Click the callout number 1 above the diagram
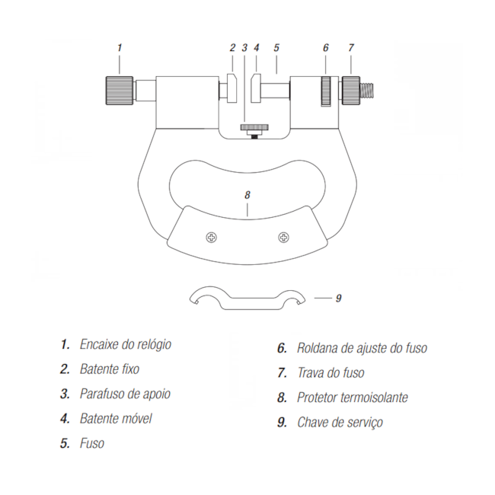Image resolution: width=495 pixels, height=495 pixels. [120, 48]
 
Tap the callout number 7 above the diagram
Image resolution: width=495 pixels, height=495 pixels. [351, 48]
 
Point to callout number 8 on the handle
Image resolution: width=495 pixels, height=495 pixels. [247, 195]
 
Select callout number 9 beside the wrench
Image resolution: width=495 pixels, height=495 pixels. [338, 298]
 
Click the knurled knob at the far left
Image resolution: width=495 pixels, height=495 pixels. [120, 91]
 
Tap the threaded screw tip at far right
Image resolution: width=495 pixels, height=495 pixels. [367, 91]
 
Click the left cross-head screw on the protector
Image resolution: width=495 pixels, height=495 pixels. [212, 237]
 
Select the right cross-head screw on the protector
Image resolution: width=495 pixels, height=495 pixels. [284, 237]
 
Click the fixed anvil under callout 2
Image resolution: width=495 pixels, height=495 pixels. [232, 88]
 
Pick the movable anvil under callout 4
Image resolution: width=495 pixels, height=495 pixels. [256, 88]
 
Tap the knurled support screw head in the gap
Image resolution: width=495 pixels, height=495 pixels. [254, 127]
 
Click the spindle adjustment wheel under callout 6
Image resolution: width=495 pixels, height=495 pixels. [326, 91]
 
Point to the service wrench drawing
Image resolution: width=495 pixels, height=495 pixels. [247, 298]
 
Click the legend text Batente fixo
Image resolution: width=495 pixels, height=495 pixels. [110, 369]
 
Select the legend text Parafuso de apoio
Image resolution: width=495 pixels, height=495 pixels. [125, 394]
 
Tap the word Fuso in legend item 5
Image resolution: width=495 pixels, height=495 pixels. [92, 443]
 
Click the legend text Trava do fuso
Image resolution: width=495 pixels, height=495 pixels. [331, 373]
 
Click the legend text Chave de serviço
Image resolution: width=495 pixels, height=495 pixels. [340, 423]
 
